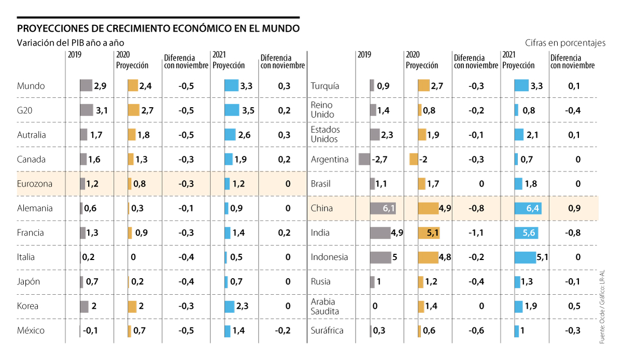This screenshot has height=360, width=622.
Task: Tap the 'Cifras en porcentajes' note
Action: (x=565, y=43)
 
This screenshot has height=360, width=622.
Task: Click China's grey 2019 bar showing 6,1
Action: (x=383, y=208)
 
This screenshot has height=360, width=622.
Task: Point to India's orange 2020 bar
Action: (x=429, y=233)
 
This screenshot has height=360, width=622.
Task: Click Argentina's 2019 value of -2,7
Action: (x=380, y=160)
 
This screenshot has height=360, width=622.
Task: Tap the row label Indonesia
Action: (x=330, y=257)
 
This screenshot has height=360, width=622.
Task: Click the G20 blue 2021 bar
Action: (x=232, y=110)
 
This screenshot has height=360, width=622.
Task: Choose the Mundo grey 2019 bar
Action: (x=86, y=86)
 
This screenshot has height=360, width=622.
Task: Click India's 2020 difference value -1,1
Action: (x=476, y=233)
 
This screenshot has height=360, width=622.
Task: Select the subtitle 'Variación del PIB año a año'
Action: (x=70, y=43)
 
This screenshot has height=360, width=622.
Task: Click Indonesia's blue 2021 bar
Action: (x=528, y=257)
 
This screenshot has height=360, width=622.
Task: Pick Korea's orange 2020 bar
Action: (x=132, y=306)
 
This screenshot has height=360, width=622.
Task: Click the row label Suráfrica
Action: (x=327, y=331)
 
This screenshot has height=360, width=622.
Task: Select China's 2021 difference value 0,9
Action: (x=574, y=208)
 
